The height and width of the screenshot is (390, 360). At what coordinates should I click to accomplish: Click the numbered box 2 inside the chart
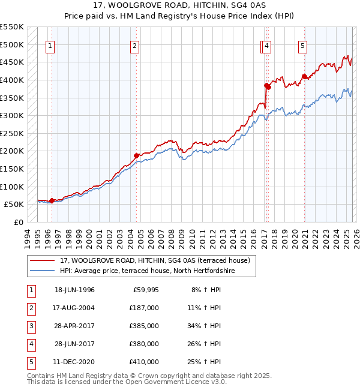(135, 46)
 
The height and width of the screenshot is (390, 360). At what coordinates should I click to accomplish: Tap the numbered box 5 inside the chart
(303, 46)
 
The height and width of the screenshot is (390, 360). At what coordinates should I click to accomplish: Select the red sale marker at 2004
(137, 155)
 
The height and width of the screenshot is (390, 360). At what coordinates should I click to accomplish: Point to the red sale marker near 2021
(304, 76)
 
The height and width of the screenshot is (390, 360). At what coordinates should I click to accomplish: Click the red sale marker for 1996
(52, 200)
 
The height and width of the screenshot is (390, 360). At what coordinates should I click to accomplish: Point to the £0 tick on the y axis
(19, 222)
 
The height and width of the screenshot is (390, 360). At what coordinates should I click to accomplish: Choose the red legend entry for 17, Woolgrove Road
(158, 260)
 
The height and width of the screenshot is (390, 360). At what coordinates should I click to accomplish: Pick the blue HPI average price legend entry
(148, 271)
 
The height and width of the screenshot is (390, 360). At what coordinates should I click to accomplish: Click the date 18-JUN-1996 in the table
(74, 290)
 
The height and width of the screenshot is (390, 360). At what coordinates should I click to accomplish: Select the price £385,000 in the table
(144, 326)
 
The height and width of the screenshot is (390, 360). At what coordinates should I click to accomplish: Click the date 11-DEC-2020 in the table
(74, 362)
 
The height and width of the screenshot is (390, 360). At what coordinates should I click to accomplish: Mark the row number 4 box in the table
(31, 344)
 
